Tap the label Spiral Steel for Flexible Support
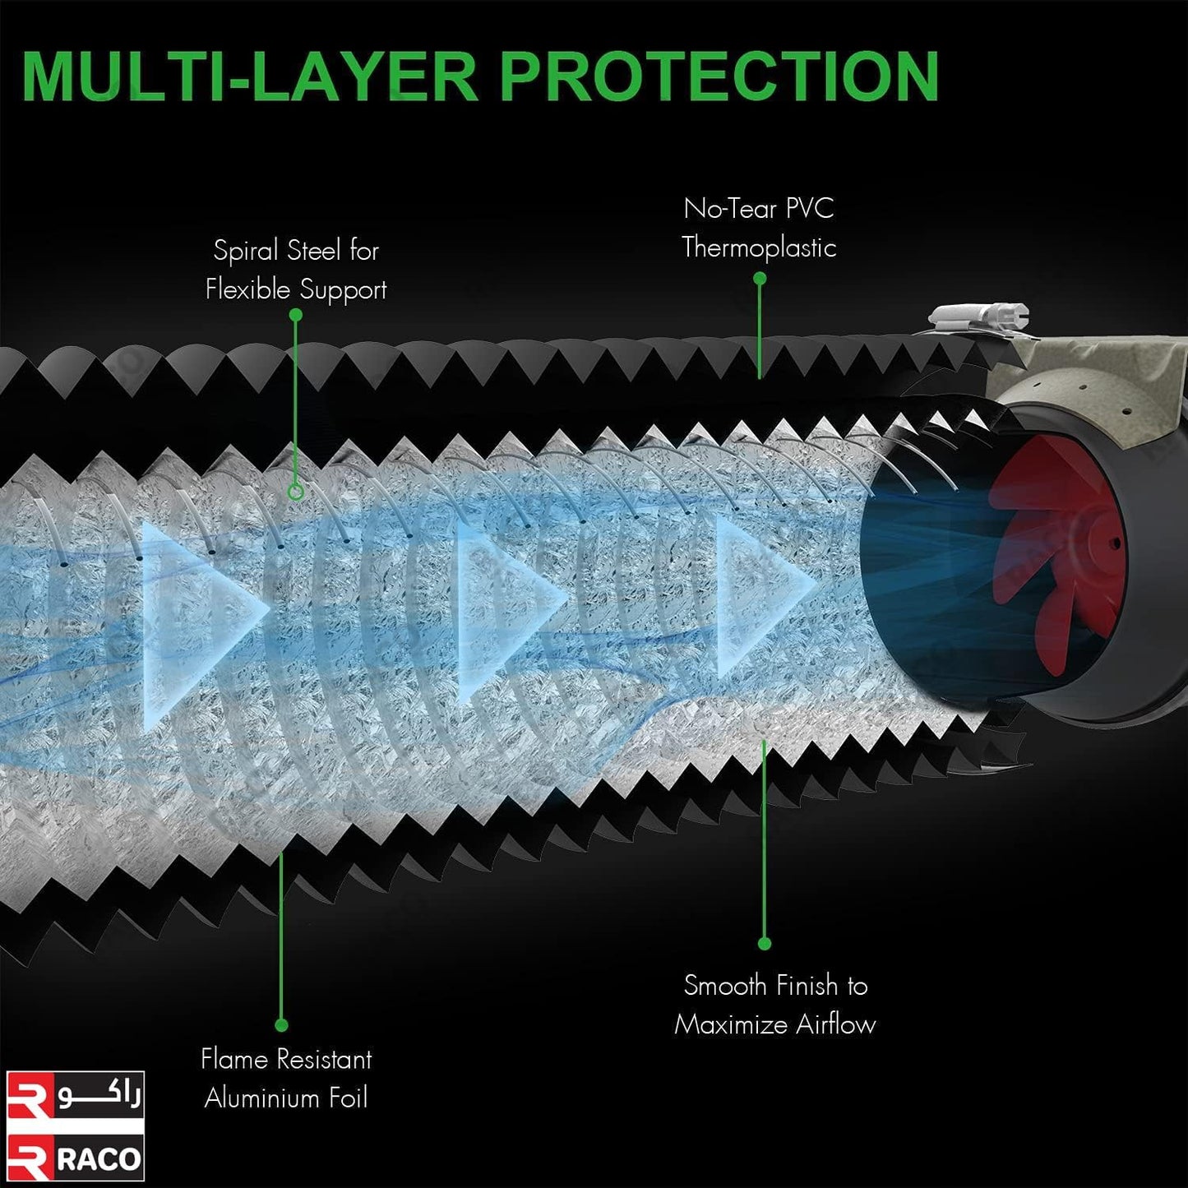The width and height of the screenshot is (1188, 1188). tap(296, 270)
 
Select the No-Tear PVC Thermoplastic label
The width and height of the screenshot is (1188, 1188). tap(759, 229)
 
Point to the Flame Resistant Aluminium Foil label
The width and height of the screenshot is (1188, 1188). tap(287, 1079)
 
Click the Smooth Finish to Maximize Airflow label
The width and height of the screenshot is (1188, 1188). tap(775, 1005)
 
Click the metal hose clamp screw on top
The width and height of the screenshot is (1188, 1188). tap(979, 317)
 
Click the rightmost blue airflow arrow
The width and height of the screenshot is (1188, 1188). tap(766, 595)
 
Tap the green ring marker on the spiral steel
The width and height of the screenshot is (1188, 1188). tap(296, 492)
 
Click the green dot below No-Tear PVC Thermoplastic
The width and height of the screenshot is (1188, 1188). tap(760, 279)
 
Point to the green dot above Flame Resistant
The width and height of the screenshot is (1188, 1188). tap(281, 1025)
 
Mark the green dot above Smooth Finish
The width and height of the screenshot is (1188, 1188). tap(765, 944)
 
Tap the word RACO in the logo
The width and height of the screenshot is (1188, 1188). tap(99, 1160)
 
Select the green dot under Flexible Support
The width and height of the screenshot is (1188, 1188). tap(296, 315)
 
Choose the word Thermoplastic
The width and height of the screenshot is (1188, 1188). tap(759, 247)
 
